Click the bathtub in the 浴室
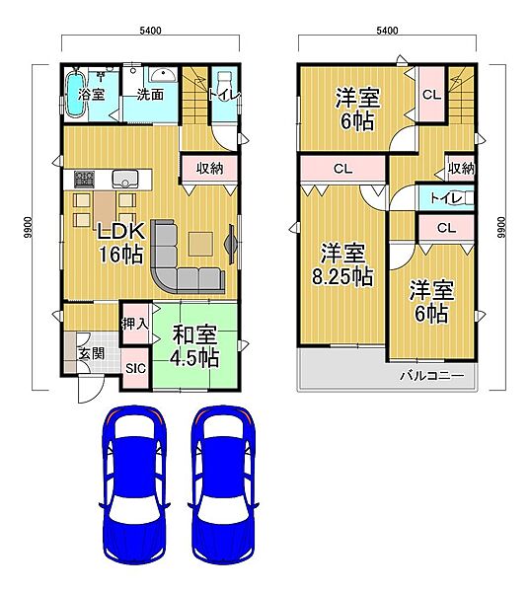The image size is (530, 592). click(75, 95)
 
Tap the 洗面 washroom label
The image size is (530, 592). click(150, 94)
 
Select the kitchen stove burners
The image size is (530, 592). click(84, 179)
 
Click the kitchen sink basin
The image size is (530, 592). click(125, 179)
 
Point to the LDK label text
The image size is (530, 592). click(120, 231)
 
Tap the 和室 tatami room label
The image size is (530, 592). click(194, 334)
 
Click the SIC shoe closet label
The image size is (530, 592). click(135, 368)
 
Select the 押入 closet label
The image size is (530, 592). click(135, 324)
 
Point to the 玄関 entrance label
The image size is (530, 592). click(92, 354)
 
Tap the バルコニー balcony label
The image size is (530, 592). click(432, 375)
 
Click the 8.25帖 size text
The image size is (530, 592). click(343, 277)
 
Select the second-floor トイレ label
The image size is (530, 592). click(446, 198)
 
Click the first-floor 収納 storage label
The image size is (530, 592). click(210, 169)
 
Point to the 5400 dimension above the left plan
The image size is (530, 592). click(150, 31)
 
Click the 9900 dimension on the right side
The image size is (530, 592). click(501, 227)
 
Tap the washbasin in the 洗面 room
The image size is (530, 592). click(163, 75)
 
